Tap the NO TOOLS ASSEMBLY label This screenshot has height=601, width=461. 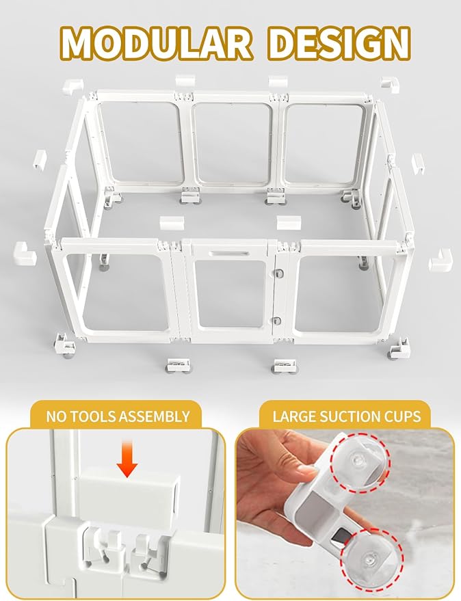tap(117, 415)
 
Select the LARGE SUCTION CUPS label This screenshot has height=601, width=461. tap(347, 415)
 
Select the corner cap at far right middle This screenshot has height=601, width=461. tap(438, 263)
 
